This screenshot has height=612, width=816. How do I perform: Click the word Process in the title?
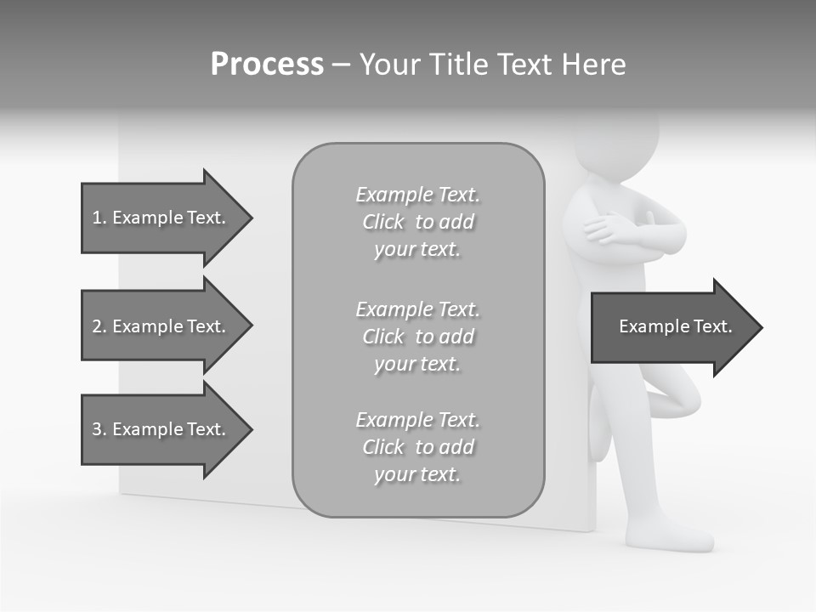pyautogui.click(x=267, y=65)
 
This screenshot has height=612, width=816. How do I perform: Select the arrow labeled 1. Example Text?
pyautogui.click(x=159, y=218)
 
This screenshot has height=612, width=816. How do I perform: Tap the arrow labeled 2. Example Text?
pyautogui.click(x=159, y=326)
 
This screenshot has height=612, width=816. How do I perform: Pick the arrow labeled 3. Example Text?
pyautogui.click(x=159, y=429)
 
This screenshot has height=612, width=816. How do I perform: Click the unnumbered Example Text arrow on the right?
pyautogui.click(x=675, y=326)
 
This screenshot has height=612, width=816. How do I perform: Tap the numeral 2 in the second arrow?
pyautogui.click(x=97, y=326)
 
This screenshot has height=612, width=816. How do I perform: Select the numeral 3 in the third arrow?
pyautogui.click(x=97, y=429)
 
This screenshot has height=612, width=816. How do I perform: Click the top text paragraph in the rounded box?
pyautogui.click(x=417, y=222)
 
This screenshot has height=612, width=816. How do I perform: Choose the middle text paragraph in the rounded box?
pyautogui.click(x=417, y=337)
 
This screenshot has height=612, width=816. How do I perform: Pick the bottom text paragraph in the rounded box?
pyautogui.click(x=417, y=447)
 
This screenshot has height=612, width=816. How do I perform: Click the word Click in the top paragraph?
pyautogui.click(x=383, y=222)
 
